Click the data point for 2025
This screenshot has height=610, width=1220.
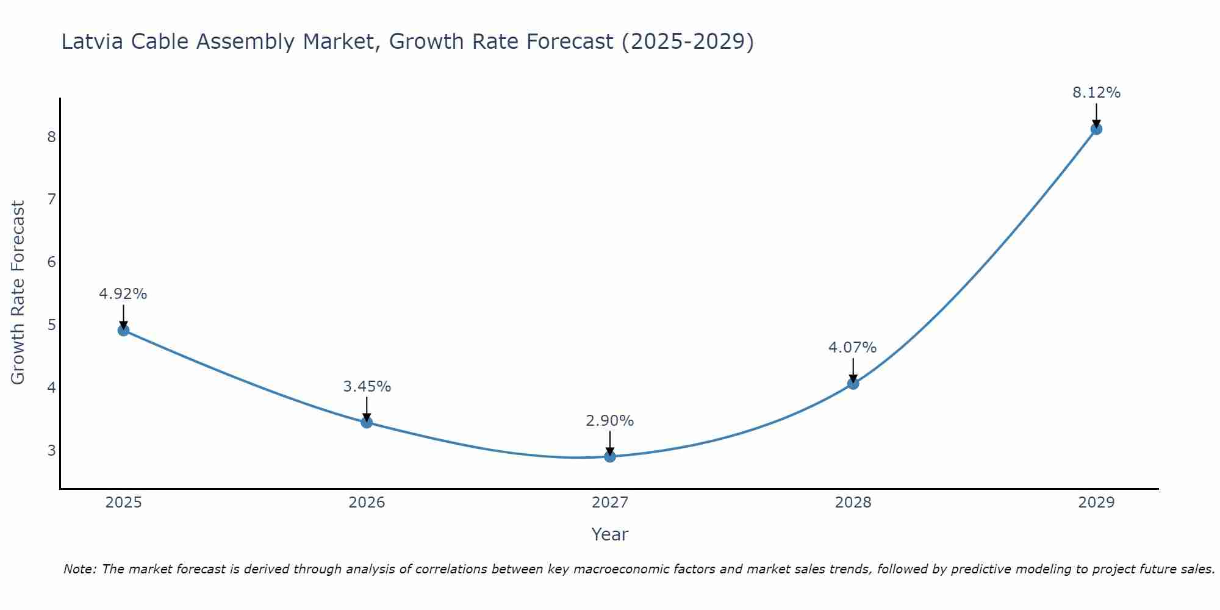click(x=123, y=331)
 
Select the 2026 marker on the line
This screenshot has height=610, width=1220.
click(x=367, y=422)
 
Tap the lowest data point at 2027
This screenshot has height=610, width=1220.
click(x=610, y=456)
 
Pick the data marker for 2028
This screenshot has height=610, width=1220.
click(x=853, y=383)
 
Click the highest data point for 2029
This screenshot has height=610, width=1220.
click(x=1096, y=129)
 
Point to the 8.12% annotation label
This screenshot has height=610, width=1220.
click(x=1096, y=93)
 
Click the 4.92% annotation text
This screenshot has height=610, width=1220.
click(x=123, y=294)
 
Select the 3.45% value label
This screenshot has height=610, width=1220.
click(x=367, y=387)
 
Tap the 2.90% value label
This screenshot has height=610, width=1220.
click(x=610, y=421)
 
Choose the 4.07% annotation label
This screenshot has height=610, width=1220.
click(x=853, y=348)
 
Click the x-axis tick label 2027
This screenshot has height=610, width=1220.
click(x=610, y=503)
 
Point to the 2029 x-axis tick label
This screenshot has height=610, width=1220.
click(x=1096, y=503)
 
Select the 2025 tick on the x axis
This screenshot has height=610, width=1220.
click(x=123, y=503)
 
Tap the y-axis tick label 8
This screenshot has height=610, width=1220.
click(x=51, y=137)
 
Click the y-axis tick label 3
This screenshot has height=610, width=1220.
click(x=51, y=451)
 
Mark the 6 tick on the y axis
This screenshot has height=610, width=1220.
click(x=51, y=262)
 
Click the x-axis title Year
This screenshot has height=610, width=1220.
click(x=610, y=534)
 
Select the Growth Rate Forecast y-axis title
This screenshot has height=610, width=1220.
click(x=18, y=293)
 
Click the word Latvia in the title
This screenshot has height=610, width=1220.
click(x=93, y=41)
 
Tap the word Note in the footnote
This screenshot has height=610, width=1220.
click(x=79, y=569)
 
